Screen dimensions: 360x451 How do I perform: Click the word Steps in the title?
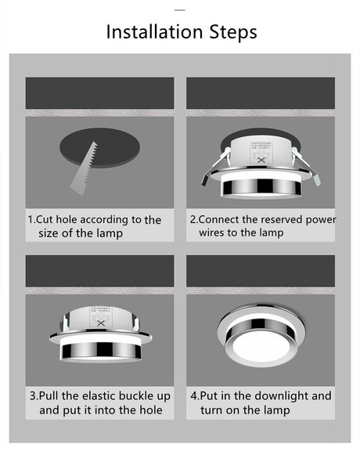(x=233, y=33)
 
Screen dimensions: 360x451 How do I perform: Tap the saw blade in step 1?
(x=84, y=169)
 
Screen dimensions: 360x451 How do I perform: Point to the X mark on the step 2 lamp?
(x=261, y=160)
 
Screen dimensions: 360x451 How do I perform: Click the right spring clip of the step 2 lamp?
(x=307, y=166)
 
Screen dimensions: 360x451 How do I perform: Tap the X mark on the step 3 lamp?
(x=101, y=323)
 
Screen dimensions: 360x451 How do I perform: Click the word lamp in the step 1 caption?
(x=110, y=233)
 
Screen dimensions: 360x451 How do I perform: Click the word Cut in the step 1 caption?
(x=45, y=220)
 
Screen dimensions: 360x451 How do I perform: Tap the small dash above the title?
(x=180, y=10)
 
